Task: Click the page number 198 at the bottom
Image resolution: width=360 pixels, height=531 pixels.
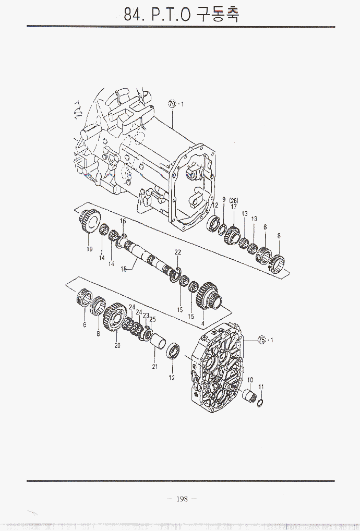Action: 182,499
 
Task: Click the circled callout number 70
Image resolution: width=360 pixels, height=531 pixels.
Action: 172,104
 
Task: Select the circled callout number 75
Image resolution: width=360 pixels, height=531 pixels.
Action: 262,340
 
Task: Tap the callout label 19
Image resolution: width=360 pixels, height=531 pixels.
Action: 89,249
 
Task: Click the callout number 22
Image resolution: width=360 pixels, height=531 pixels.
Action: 178,252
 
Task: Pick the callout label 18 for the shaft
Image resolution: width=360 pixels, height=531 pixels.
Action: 124,269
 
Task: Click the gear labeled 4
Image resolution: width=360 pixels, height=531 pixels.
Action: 209,296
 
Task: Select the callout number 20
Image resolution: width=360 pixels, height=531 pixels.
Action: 117,345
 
